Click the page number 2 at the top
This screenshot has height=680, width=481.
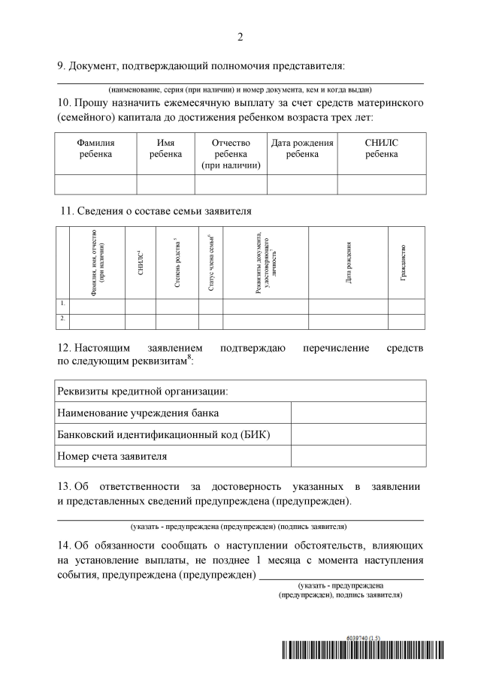(x=240, y=37)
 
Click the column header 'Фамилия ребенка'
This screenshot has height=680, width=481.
(x=95, y=148)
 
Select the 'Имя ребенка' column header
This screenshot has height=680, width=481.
(x=165, y=148)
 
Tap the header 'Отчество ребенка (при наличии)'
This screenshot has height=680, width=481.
(x=231, y=153)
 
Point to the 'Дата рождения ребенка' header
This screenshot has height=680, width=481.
(x=302, y=148)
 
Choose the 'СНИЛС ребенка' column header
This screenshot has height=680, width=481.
(x=381, y=148)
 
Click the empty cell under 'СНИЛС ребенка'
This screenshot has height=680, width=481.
(x=381, y=184)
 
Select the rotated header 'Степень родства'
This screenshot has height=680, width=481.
(x=176, y=264)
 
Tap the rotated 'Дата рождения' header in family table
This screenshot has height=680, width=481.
(x=348, y=264)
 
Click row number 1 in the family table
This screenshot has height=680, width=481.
(x=62, y=304)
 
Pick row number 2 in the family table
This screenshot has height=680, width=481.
(x=62, y=319)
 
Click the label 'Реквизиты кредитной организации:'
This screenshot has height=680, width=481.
(x=143, y=391)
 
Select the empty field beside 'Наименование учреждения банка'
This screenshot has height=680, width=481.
(x=358, y=413)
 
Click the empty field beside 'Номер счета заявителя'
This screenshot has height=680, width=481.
(x=358, y=456)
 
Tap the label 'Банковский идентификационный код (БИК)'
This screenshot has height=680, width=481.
(x=164, y=435)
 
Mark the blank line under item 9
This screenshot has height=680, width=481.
(x=240, y=81)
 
